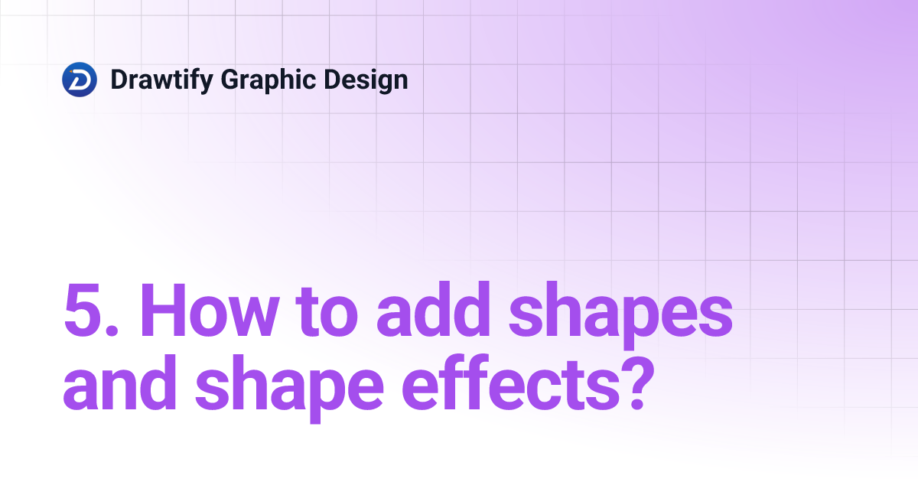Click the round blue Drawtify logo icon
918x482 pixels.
[80, 80]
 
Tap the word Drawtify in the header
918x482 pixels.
[161, 80]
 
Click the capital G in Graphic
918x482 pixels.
[230, 80]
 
